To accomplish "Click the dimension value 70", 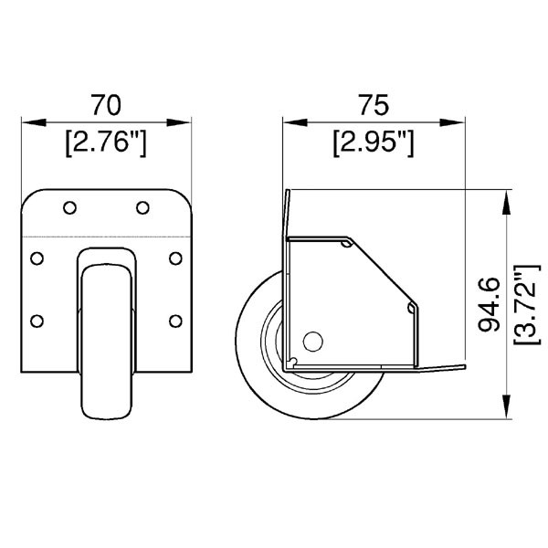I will (106, 105).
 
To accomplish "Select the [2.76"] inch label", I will (106, 142).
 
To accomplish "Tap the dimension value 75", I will (373, 105).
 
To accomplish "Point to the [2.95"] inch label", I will (374, 142).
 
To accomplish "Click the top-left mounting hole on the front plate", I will (69, 208).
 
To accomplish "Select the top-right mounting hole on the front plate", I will (142, 208).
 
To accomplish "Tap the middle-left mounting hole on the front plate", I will (37, 258).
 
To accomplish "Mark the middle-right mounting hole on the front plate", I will (175, 258).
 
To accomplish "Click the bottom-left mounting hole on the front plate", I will (37, 320).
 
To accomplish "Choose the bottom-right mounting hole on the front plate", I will (175, 320).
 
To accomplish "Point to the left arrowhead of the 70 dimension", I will (27, 121).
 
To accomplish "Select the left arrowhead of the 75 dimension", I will (290, 121).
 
